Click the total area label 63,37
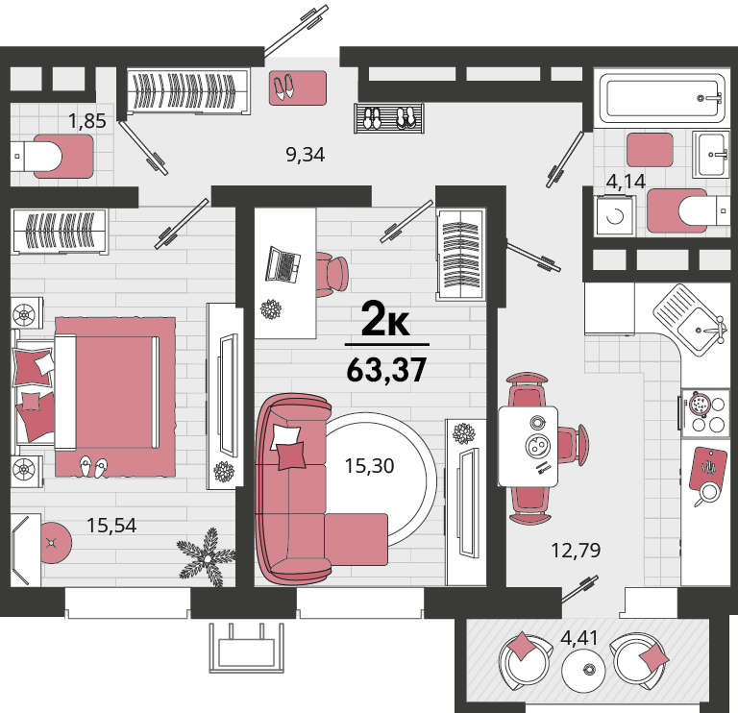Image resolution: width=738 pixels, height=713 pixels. coord(386,370)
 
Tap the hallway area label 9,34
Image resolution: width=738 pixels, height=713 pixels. coord(305,155)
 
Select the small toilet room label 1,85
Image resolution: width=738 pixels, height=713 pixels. coord(87,121)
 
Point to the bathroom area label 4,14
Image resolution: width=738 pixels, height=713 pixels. coord(626,182)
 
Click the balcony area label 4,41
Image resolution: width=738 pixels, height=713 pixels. coord(579,638)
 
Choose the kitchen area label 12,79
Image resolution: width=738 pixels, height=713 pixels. coord(576,551)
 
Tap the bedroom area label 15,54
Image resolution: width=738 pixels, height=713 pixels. coord(111,526)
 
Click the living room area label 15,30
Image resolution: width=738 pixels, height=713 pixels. coord(369,466)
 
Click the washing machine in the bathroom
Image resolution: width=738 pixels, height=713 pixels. coord(615,216)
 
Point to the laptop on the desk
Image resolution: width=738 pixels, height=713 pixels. coord(283,264)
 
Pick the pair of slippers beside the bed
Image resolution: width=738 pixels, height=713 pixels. coord(92,466)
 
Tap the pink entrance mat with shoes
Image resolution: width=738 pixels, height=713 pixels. coord(298,87)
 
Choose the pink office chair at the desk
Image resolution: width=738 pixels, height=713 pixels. coord(332,275)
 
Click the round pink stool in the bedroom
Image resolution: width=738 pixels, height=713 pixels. coord(55,543)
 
